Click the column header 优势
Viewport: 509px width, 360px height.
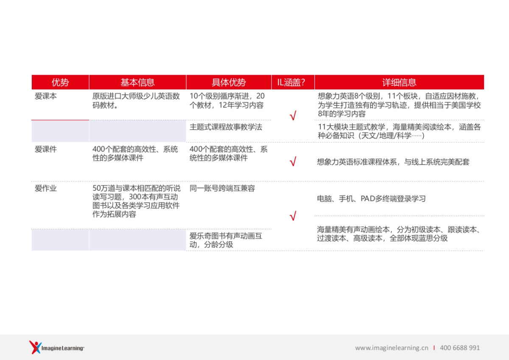tap(60, 82)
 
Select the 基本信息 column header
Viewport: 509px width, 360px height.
tap(137, 82)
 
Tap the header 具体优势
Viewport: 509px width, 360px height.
tap(229, 82)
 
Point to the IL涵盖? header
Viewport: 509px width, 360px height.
tap(293, 82)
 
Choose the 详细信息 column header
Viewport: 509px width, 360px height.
tap(399, 82)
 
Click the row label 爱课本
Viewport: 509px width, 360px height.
tap(46, 96)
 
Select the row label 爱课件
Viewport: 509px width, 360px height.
tap(46, 149)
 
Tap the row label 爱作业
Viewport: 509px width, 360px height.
tap(46, 188)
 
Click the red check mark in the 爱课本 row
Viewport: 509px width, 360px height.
tap(292, 116)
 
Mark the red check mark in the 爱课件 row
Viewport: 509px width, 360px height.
tap(292, 162)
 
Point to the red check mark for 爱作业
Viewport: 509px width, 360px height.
tap(292, 217)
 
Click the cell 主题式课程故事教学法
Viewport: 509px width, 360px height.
tap(226, 127)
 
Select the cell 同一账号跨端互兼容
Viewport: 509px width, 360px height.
tap(222, 188)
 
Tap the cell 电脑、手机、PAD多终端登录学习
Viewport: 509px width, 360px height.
tap(371, 199)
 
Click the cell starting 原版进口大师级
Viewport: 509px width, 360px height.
tap(136, 101)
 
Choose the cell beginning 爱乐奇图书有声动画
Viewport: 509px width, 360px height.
tap(226, 240)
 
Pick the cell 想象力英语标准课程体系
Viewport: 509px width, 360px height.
tap(393, 162)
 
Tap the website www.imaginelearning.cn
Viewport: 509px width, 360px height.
tap(392, 348)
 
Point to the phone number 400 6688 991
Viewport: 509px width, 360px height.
tap(460, 348)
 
